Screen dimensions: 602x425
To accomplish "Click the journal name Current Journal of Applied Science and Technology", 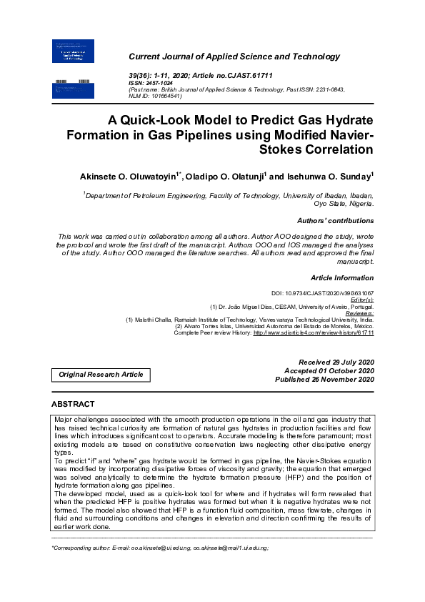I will pyautogui.click(x=234, y=56).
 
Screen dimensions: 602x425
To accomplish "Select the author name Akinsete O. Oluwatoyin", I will pyautogui.click(x=128, y=175).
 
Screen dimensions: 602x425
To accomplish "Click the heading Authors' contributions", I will pyautogui.click(x=335, y=221).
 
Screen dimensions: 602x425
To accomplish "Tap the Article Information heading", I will pyautogui.click(x=342, y=277).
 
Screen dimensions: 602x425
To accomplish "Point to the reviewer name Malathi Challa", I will pyautogui.click(x=154, y=320).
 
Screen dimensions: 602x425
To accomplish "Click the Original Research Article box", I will pyautogui.click(x=101, y=374).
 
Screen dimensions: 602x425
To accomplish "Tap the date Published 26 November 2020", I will pyautogui.click(x=324, y=379).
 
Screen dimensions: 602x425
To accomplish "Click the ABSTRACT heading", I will pyautogui.click(x=73, y=404).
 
